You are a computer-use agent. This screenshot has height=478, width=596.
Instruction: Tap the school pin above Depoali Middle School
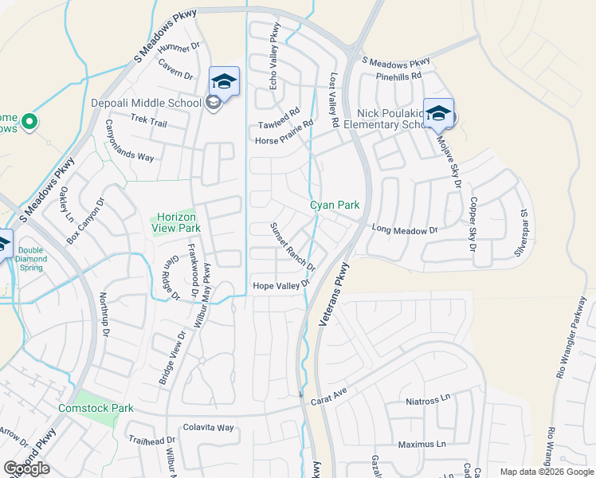click(x=224, y=81)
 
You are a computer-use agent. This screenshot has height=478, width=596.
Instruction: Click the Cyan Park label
click(x=335, y=205)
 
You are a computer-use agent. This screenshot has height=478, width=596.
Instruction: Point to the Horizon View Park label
click(x=176, y=222)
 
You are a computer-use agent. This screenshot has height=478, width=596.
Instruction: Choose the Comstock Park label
click(x=96, y=408)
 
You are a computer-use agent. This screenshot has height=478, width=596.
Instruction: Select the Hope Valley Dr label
click(x=280, y=285)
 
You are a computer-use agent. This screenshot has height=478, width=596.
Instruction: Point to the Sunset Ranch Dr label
click(x=292, y=246)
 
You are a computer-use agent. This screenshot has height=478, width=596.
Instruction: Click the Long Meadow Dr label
click(x=405, y=230)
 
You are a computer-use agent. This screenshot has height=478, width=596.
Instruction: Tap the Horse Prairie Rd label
click(x=284, y=132)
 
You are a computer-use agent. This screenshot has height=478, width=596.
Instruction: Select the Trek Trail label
click(x=148, y=123)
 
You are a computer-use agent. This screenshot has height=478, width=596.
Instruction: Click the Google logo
click(x=27, y=468)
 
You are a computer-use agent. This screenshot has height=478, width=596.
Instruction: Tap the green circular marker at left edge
click(x=29, y=122)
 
